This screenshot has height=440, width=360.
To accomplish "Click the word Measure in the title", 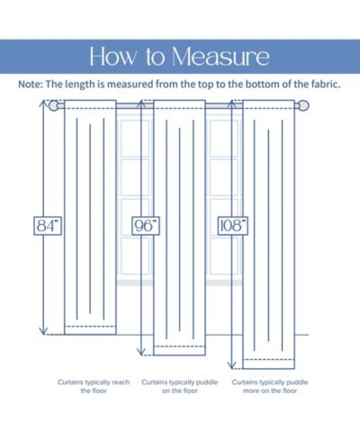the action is [220, 57].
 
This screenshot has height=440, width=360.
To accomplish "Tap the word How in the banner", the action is [113, 57].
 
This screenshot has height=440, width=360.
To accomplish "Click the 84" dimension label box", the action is [48, 226].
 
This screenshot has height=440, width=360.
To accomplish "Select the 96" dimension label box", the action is [146, 226].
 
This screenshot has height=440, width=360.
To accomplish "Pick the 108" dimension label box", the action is [233, 226].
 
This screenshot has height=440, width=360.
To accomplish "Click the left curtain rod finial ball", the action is [53, 106].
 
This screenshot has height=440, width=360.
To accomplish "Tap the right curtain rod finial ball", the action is [303, 106].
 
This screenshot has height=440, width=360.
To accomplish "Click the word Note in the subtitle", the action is [30, 85].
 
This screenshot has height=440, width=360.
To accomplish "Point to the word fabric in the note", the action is [326, 85].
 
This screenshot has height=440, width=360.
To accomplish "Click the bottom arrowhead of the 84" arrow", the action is [44, 331].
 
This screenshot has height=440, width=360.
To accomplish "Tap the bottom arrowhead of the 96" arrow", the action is [141, 352].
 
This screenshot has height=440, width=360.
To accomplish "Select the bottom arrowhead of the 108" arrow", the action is [231, 365].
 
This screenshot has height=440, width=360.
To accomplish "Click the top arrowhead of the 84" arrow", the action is [44, 103].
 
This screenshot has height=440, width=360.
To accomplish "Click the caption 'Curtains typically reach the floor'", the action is [94, 386].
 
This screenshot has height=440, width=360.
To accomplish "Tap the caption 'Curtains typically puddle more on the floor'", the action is [270, 386].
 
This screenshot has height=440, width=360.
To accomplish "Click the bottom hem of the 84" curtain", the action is [90, 330].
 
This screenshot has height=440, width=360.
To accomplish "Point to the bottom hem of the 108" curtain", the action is [269, 364].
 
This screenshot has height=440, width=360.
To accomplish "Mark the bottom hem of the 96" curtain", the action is [179, 351].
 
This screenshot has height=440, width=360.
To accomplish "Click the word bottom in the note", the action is [263, 85].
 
